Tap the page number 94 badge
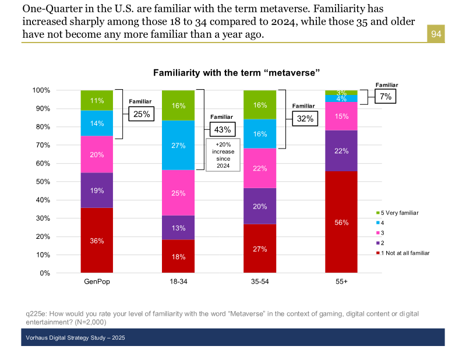tap(436, 35)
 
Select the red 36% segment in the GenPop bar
tap(97, 240)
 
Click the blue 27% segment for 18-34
tap(178, 145)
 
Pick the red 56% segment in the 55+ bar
tap(341, 222)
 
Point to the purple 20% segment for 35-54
tap(260, 206)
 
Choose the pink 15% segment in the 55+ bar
tap(341, 116)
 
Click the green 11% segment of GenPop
tap(97, 100)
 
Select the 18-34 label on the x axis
tap(178, 281)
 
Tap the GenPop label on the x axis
tap(97, 281)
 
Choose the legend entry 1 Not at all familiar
tap(404, 253)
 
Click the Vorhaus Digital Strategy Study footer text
tap(75, 338)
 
